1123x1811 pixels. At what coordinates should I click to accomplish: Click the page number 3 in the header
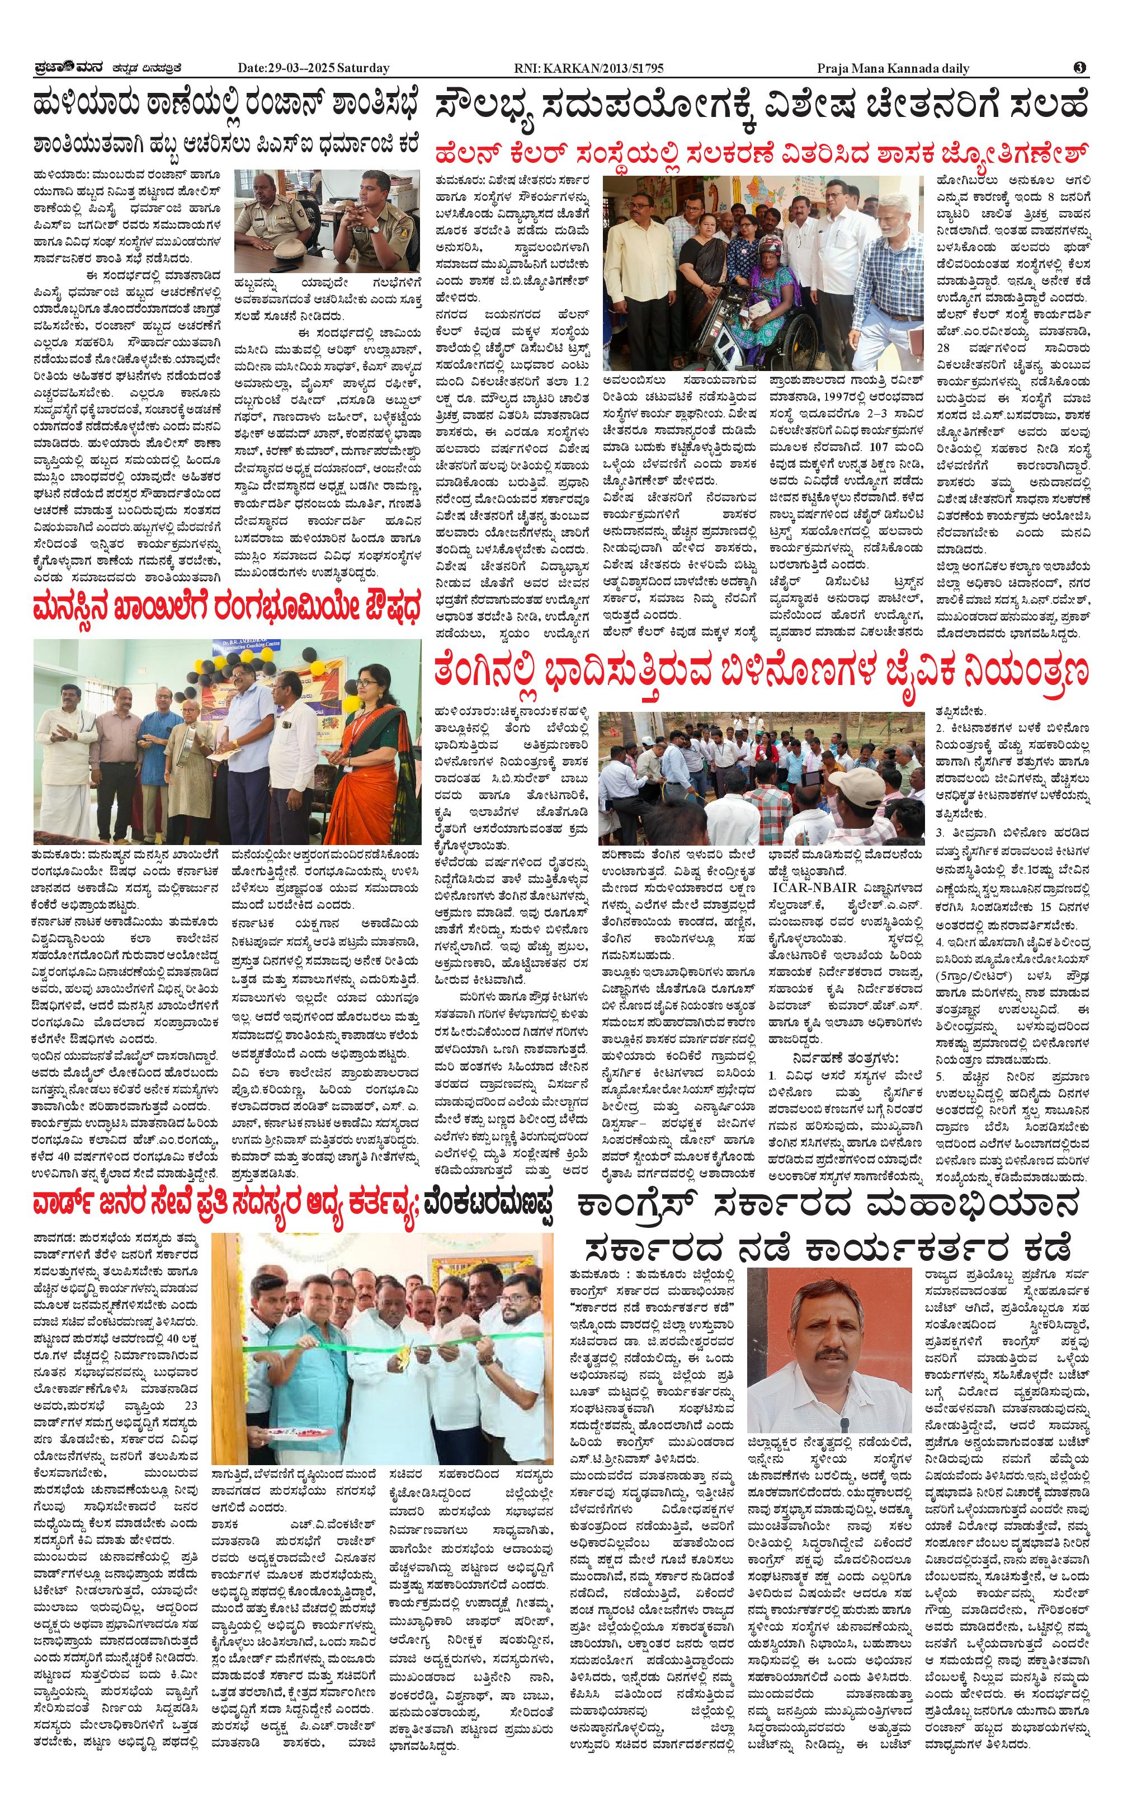(1080, 68)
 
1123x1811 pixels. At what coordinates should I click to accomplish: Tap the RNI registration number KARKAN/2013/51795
(589, 69)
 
